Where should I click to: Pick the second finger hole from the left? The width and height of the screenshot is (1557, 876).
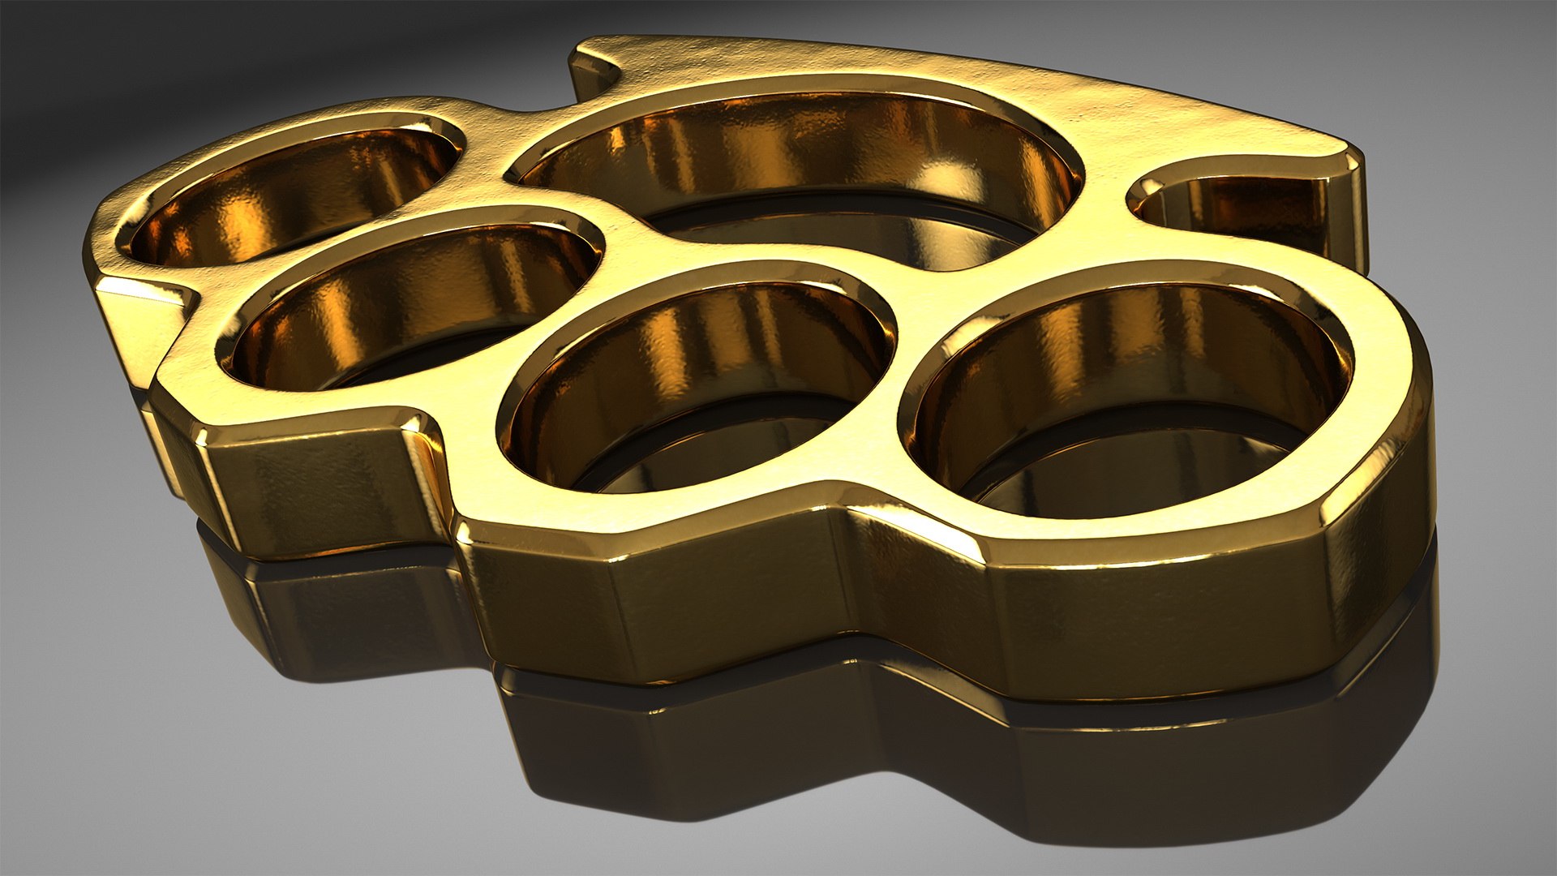(x=414, y=300)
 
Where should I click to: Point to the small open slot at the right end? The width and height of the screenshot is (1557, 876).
(x=1233, y=203)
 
